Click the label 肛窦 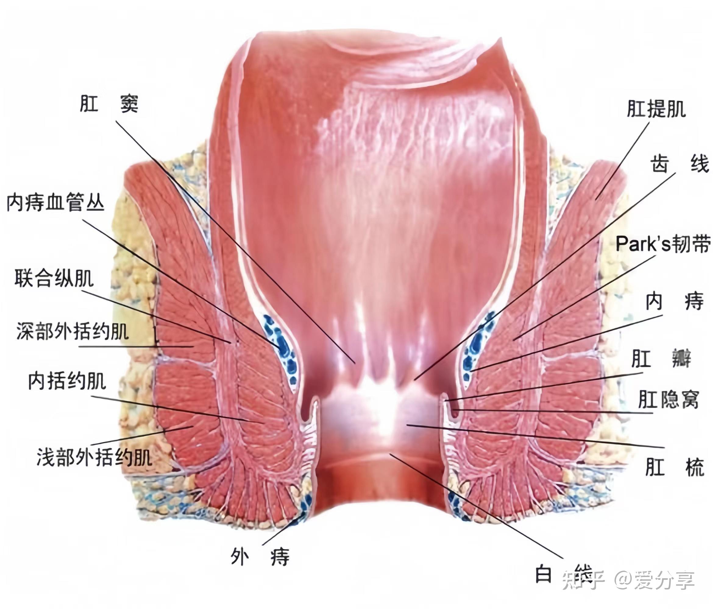click(x=109, y=103)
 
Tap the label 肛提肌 click(x=656, y=109)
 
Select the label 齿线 click(x=679, y=164)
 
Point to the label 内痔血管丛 click(x=55, y=202)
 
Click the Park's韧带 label click(x=663, y=244)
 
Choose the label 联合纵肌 click(x=54, y=279)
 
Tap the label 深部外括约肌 click(x=73, y=331)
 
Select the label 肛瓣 click(x=661, y=359)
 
